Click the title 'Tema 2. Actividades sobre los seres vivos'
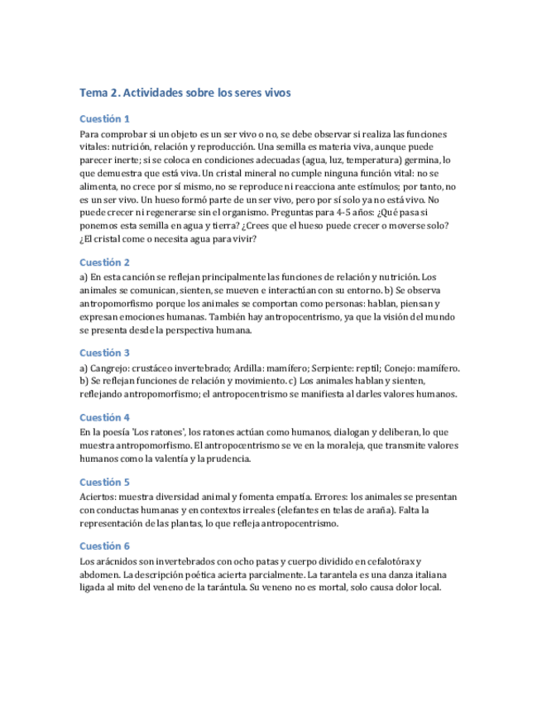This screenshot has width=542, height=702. [185, 94]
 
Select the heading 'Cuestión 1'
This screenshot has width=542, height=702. [104, 118]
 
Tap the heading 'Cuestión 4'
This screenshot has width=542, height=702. [104, 417]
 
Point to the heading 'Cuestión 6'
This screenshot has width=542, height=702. [104, 546]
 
